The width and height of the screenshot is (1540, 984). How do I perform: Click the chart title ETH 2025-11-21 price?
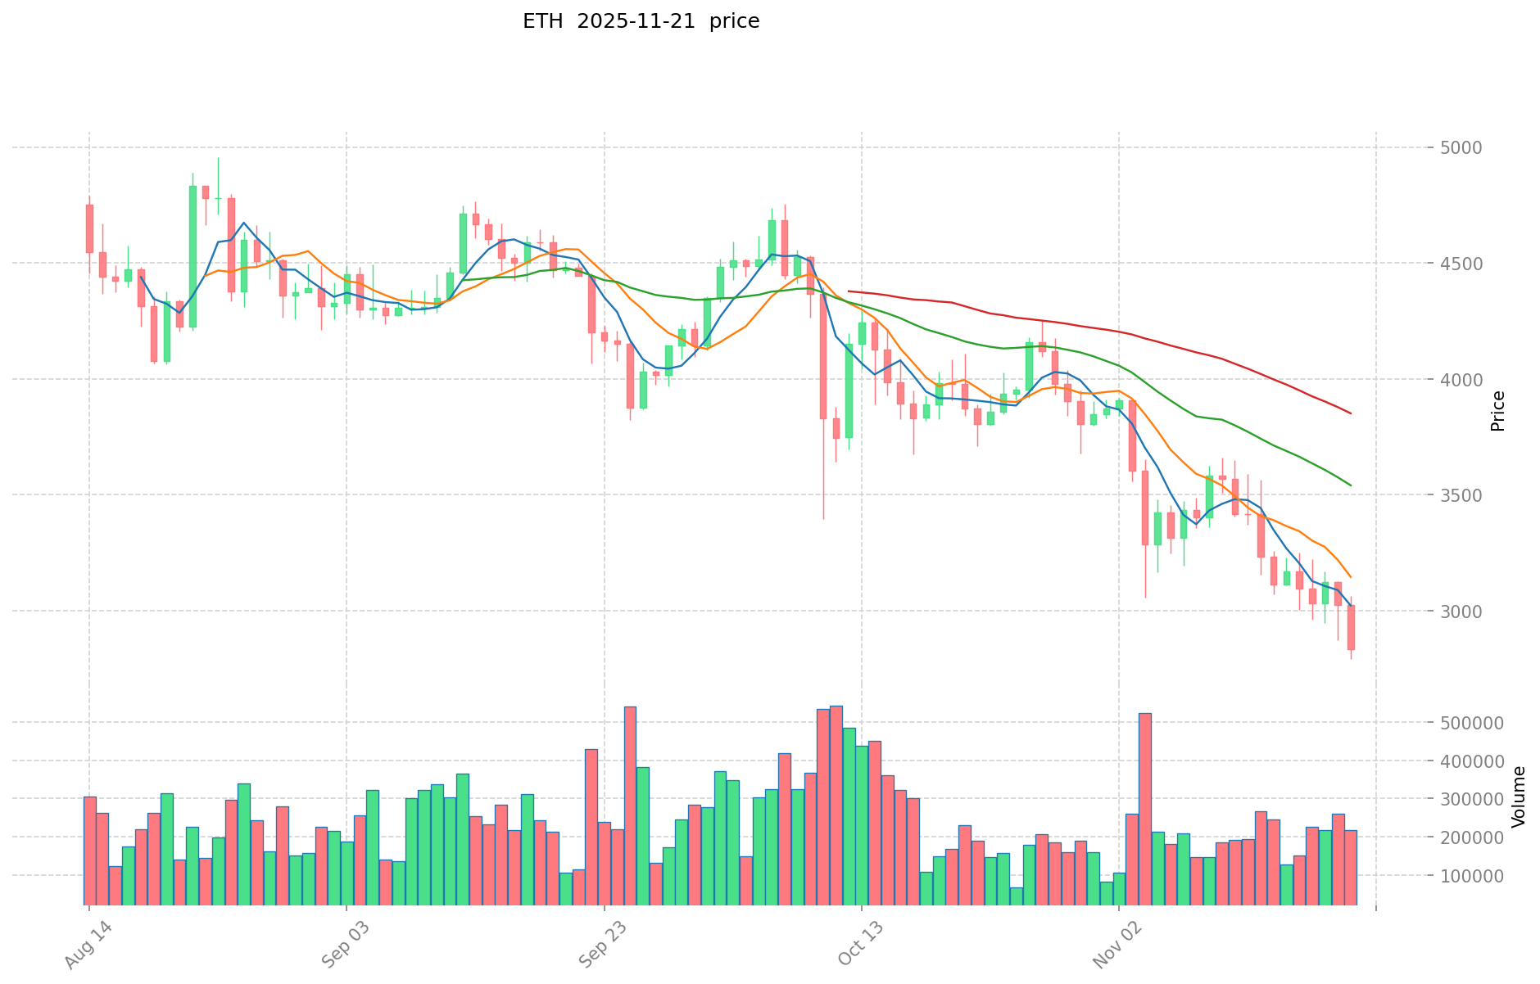[x=641, y=21]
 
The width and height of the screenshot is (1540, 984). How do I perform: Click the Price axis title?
[x=1498, y=411]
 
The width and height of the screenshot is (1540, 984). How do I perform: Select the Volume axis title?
[x=1519, y=797]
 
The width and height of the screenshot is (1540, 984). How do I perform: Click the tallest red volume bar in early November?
[x=1144, y=809]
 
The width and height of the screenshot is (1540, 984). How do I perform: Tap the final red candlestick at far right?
[x=1351, y=627]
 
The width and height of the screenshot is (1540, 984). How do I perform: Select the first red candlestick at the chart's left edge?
[x=89, y=228]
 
